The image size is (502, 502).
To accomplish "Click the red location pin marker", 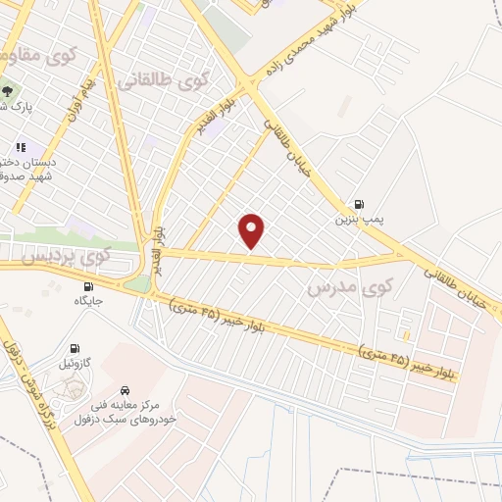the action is coord(252,230).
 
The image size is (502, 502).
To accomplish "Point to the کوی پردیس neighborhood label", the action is coord(70,257).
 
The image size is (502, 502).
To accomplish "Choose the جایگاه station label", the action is coord(87,301).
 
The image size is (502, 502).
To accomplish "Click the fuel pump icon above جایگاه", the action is coord(89,285).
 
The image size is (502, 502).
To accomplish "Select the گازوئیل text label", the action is coord(75,363).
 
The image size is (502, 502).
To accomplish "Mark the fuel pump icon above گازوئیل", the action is coord(75,347).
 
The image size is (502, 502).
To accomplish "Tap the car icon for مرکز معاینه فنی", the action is coord(125,389).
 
